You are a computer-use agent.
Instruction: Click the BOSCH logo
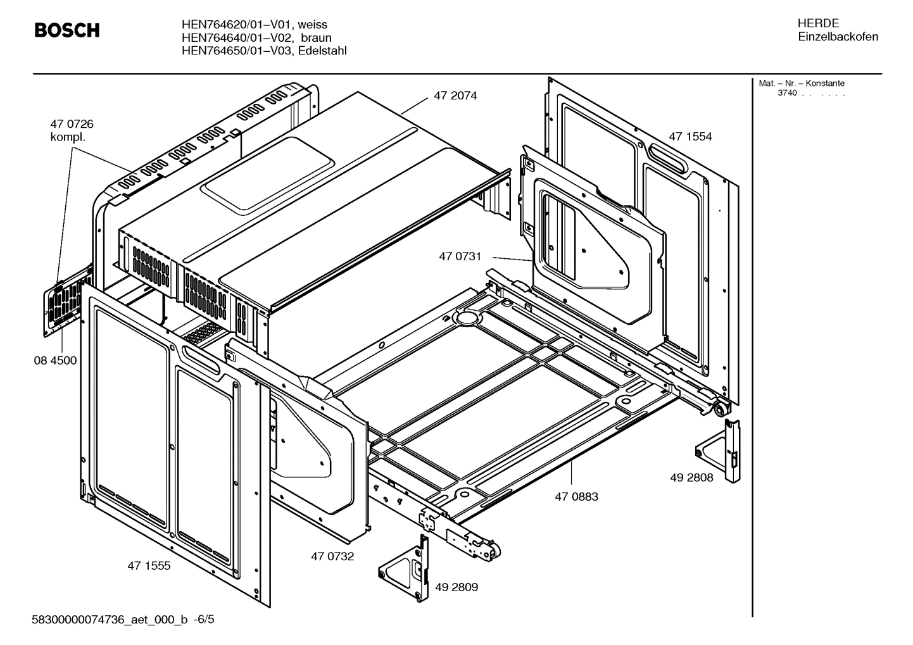(66, 30)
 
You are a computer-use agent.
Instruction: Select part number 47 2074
(455, 96)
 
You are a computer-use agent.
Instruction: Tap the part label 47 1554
(690, 137)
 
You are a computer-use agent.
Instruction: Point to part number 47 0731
(460, 256)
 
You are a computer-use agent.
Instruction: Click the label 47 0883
(576, 497)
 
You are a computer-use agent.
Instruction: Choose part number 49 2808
(691, 478)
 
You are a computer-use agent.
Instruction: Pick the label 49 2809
(457, 587)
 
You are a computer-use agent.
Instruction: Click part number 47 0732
(332, 556)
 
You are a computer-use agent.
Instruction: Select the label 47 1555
(149, 566)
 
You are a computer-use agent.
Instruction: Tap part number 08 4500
(55, 361)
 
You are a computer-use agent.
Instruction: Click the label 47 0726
(72, 124)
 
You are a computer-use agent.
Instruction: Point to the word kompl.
(68, 137)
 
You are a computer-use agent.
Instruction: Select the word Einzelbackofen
(838, 37)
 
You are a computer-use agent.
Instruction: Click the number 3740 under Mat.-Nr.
(787, 94)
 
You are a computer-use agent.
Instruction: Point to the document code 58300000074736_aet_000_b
(110, 620)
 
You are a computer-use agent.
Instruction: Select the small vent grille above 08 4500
(64, 304)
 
